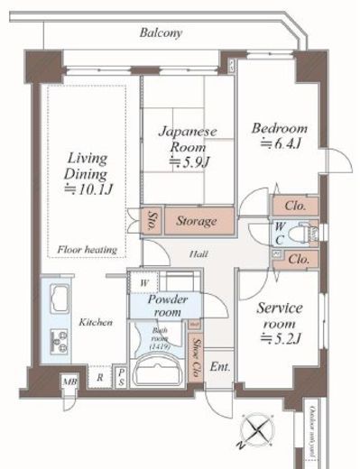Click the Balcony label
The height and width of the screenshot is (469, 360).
click(162, 32)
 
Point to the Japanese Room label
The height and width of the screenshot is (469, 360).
click(189, 138)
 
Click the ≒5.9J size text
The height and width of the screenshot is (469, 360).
click(189, 162)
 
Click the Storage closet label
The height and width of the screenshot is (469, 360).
click(196, 221)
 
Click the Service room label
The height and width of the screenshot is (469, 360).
click(281, 316)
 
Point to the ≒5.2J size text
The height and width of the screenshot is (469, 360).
click(281, 339)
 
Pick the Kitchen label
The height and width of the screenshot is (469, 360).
click(95, 322)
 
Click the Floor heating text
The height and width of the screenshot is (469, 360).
click(84, 249)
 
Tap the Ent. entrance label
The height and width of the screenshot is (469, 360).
click(219, 368)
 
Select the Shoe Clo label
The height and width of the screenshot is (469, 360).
click(197, 355)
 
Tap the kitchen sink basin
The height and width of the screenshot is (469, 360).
click(59, 299)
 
